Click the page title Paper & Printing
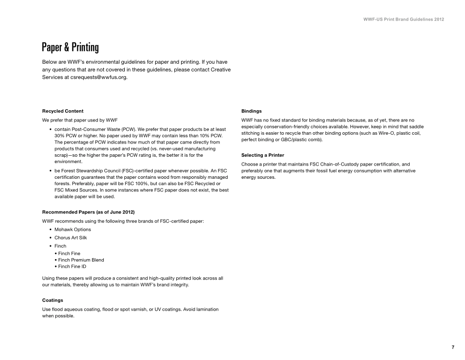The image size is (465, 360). click(x=70, y=48)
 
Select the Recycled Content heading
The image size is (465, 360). click(x=66, y=111)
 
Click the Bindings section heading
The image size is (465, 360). click(x=252, y=111)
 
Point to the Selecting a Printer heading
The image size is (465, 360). click(x=263, y=155)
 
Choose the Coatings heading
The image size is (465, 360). click(x=53, y=300)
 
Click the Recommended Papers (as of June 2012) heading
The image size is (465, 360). click(x=88, y=212)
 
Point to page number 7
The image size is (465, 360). click(x=453, y=347)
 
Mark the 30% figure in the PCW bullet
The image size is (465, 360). click(x=60, y=135)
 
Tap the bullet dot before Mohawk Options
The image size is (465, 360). click(x=51, y=229)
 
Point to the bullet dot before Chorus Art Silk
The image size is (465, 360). click(x=51, y=238)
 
